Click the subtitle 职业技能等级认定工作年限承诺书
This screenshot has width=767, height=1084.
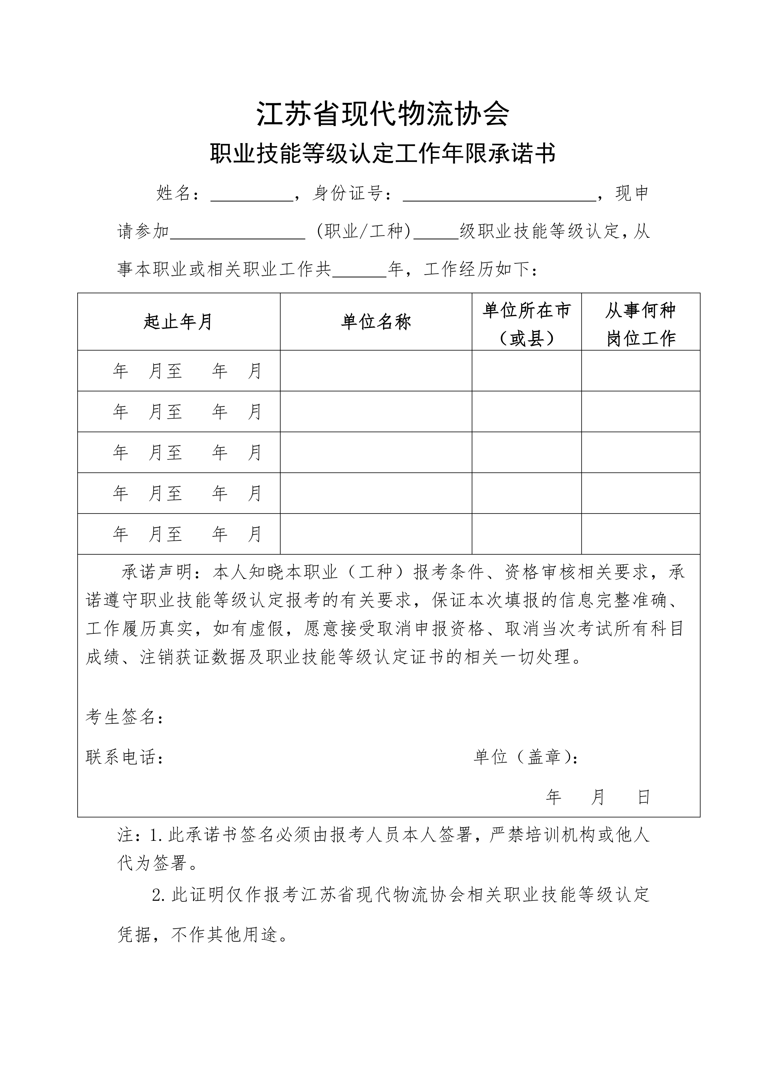pos(383,154)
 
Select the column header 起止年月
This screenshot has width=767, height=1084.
pos(178,322)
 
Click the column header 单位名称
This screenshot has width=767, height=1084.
pos(376,322)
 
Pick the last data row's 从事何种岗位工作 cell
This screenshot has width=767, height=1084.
pos(641,534)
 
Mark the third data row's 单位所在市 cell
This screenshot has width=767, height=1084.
pos(526,452)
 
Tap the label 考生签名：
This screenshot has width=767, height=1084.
pos(125,717)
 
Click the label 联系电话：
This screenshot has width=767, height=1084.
pos(125,757)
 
